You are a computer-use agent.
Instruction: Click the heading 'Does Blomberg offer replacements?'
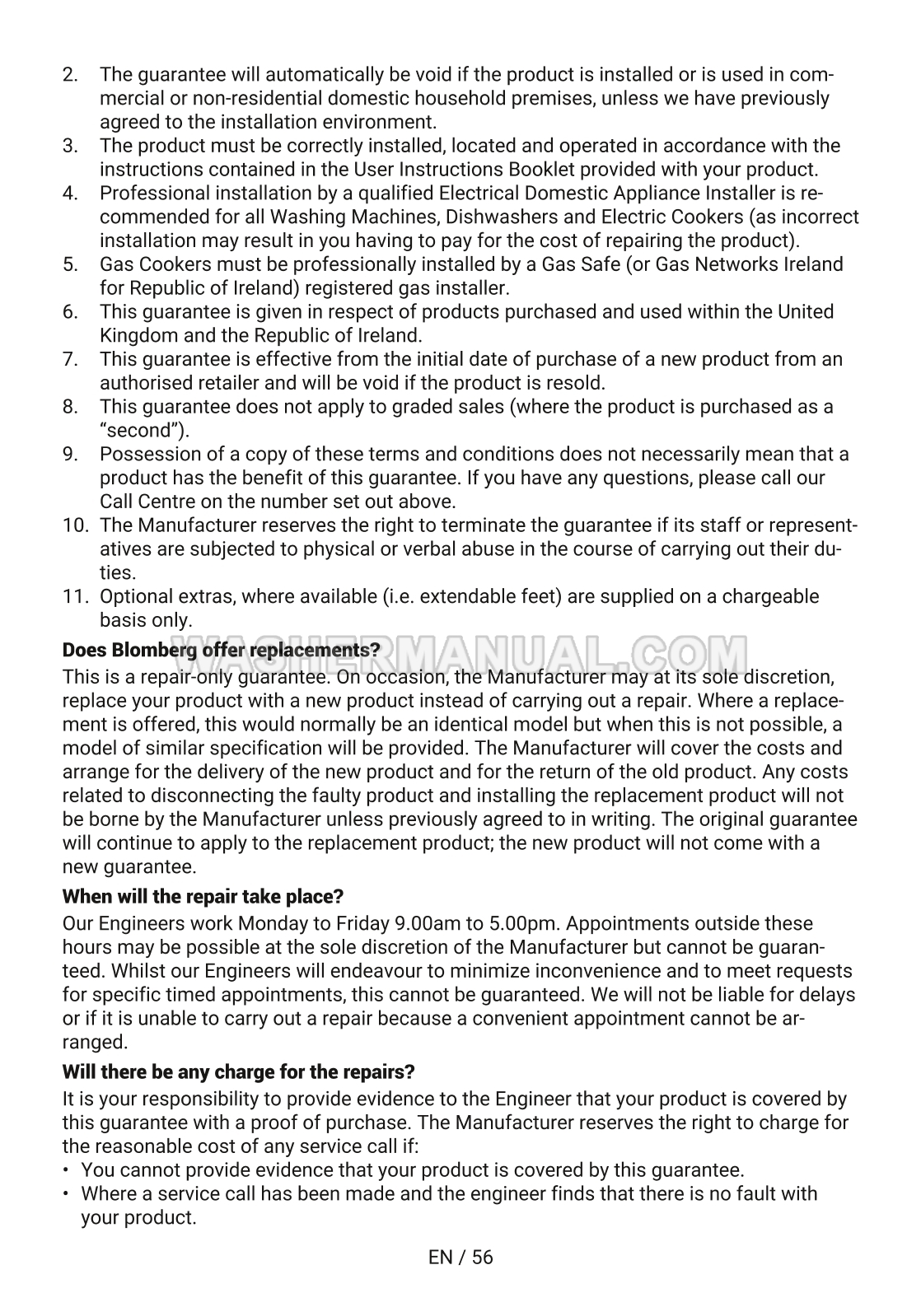[x=222, y=651]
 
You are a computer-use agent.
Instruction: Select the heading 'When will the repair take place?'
[x=203, y=896]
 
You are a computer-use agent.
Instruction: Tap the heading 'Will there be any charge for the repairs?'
[x=238, y=1072]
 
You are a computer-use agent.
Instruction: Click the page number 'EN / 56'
[x=460, y=1258]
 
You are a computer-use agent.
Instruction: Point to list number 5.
[x=70, y=265]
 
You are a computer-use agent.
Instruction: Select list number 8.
[x=70, y=407]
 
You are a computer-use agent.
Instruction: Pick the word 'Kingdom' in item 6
[x=139, y=336]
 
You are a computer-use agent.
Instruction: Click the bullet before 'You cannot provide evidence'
[x=66, y=1171]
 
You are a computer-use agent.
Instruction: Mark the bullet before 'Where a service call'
[x=66, y=1194]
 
